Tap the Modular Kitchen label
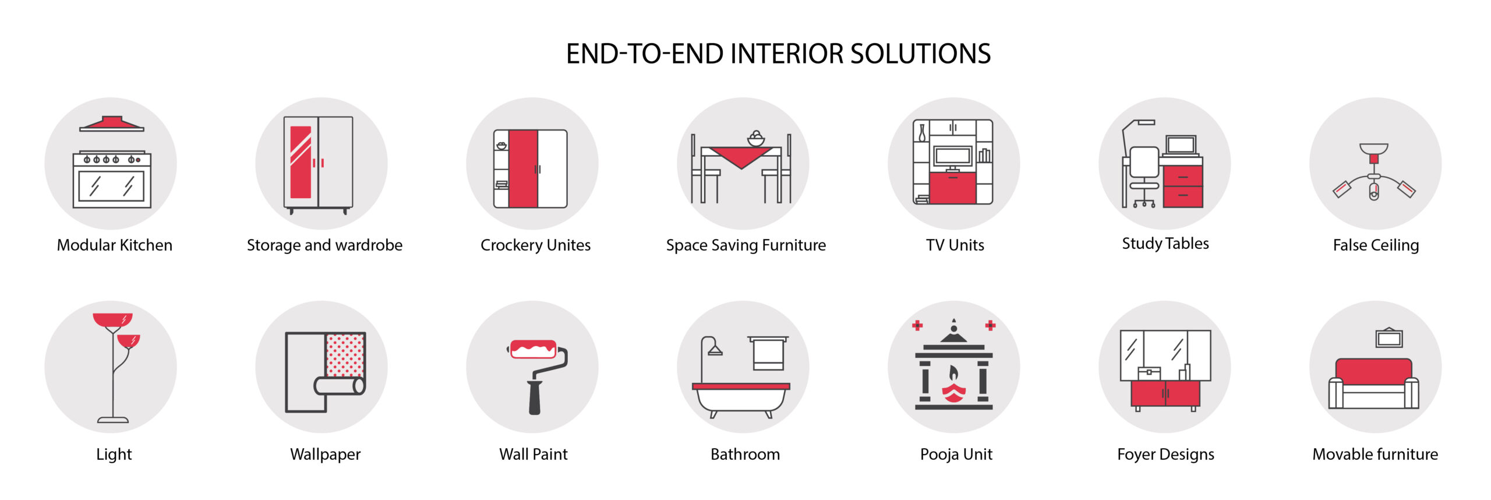[x=115, y=245]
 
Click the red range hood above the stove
[x=112, y=123]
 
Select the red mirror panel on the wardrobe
[x=301, y=162]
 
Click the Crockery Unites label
[x=535, y=245]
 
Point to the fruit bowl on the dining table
[x=756, y=139]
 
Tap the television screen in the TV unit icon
[x=953, y=156]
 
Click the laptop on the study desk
[x=1181, y=146]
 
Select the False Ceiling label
[x=1376, y=245]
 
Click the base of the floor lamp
[x=113, y=419]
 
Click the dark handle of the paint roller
[x=535, y=397]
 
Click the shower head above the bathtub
[x=715, y=350]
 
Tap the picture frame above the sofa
[x=1389, y=338]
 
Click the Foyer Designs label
[x=1165, y=455]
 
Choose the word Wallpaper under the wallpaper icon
[x=326, y=455]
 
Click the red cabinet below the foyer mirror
[x=1165, y=394]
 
